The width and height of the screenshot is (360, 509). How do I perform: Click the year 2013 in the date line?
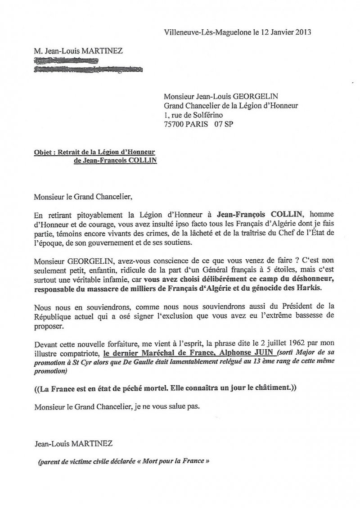pos(302,32)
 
